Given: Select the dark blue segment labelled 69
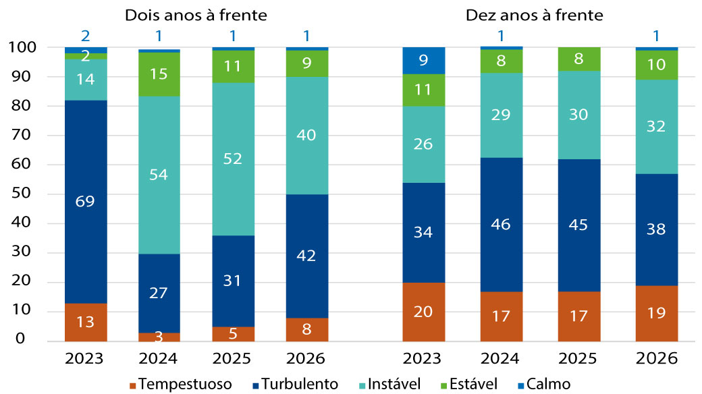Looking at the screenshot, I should click(x=86, y=201).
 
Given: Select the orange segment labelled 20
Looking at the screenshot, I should click(x=423, y=312).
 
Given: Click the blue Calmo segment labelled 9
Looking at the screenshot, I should click(x=423, y=60).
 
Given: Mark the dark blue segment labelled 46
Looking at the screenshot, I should click(x=501, y=225).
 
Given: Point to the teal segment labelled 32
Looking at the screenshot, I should click(x=657, y=126).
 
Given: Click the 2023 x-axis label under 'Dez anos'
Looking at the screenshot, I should click(x=423, y=357).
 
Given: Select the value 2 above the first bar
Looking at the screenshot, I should click(x=86, y=35).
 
